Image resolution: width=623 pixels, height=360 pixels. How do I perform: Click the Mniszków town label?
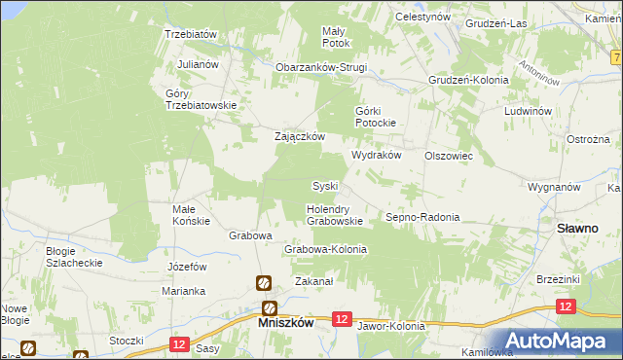pos(284,323)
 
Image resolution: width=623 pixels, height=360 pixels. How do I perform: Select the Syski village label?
pos(324,186)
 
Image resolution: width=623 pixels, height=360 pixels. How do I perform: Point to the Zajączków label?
pos(298,137)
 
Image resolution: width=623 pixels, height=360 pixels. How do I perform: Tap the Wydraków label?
pos(376,156)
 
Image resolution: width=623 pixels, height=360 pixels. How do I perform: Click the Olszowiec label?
pos(449,156)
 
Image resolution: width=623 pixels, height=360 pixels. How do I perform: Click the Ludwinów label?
pos(529,111)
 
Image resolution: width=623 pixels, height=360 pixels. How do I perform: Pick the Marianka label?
pos(184,291)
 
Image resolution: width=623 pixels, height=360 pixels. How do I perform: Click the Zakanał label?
pos(314,282)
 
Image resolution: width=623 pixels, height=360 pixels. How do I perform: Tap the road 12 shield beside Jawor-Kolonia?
pos(341,318)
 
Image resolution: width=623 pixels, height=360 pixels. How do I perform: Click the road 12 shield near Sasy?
pos(177,343)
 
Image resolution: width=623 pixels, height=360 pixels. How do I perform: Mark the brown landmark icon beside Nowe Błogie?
pos(27,346)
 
